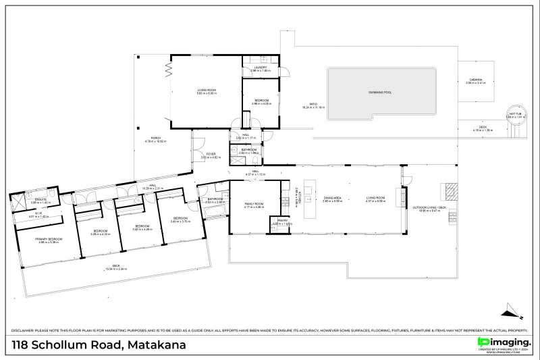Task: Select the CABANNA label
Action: click(476, 80)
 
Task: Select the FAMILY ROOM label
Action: click(254, 203)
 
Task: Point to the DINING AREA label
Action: click(331, 199)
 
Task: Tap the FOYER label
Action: click(211, 154)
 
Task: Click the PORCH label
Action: click(155, 138)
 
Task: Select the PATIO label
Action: click(313, 104)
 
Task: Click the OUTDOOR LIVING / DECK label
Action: click(432, 207)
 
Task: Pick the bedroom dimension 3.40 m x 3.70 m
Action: click(180, 222)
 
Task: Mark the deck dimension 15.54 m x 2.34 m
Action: click(116, 269)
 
